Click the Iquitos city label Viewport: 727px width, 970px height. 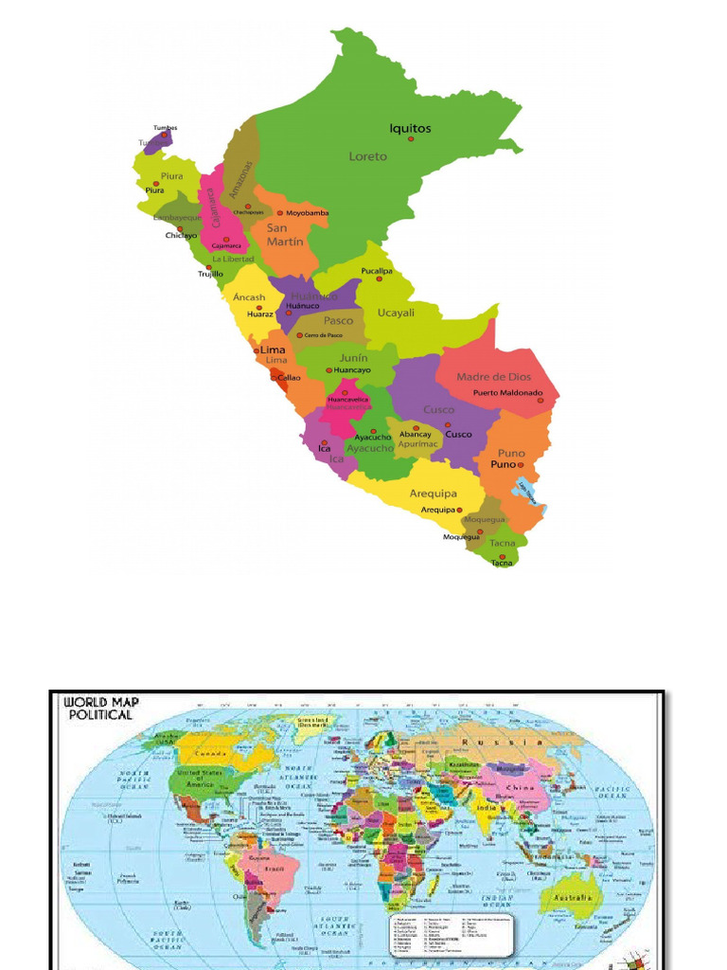click(410, 128)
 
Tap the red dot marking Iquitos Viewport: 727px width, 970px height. click(411, 139)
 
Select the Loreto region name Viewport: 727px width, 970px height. click(368, 156)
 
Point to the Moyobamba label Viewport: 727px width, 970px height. click(308, 213)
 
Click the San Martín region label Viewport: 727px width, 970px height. click(284, 235)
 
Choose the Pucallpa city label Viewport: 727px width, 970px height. click(376, 271)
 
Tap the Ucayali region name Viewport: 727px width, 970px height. click(396, 313)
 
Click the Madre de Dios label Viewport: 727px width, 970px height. click(494, 377)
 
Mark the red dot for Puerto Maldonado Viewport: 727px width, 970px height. click(541, 400)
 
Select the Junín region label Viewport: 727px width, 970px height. click(354, 358)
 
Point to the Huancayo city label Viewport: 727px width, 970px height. click(352, 370)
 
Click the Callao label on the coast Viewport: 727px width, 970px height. click(290, 377)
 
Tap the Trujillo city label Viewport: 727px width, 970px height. click(210, 274)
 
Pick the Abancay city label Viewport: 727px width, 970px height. click(415, 435)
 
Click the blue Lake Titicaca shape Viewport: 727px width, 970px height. click(526, 491)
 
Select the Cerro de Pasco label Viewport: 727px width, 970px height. click(323, 335)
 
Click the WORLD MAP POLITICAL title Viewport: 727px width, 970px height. click(98, 709)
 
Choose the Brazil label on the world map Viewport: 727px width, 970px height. click(275, 868)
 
